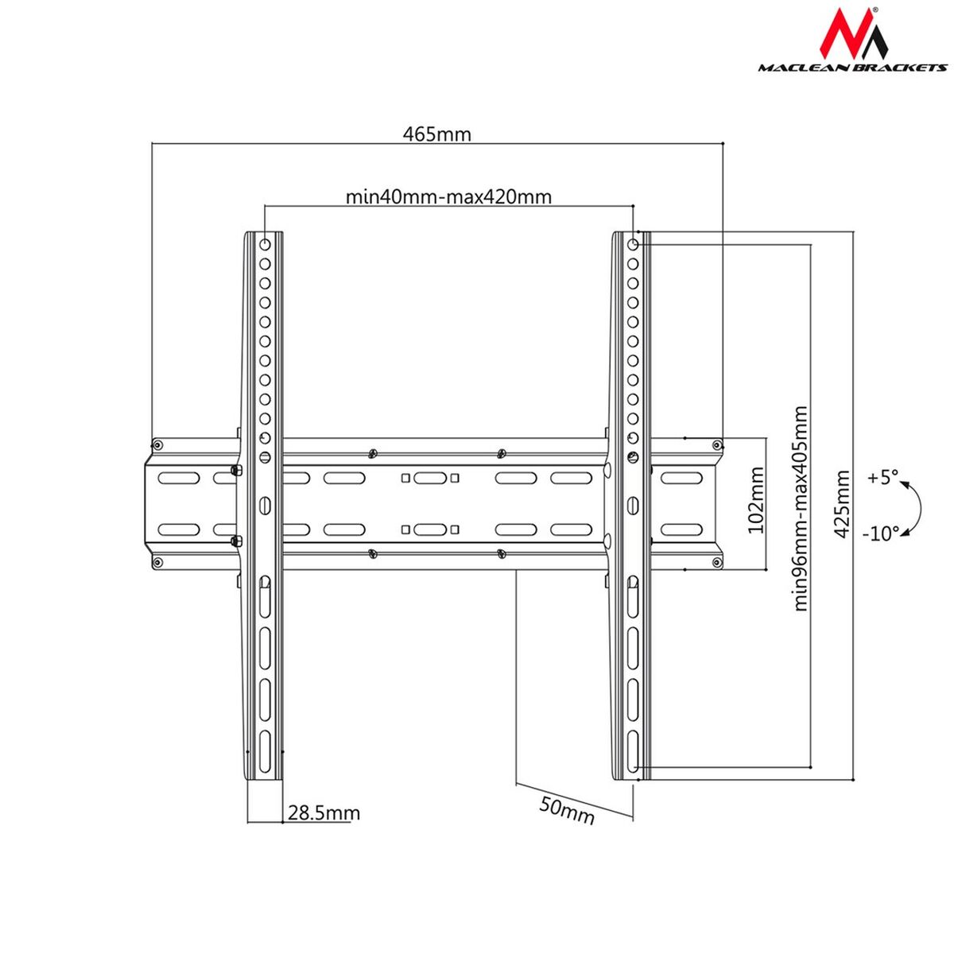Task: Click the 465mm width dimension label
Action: tap(436, 134)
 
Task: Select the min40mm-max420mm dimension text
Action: tap(448, 196)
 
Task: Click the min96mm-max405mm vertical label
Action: tap(800, 509)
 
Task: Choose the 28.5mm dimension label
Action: tap(324, 813)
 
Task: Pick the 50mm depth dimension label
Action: tap(567, 810)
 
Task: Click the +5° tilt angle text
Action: tap(882, 478)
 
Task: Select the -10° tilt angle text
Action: tap(880, 533)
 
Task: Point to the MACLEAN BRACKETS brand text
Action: tap(852, 68)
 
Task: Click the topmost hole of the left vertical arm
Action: tap(265, 244)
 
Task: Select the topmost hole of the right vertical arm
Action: tap(633, 244)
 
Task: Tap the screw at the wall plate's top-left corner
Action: tap(157, 444)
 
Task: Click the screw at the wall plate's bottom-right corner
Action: tap(716, 564)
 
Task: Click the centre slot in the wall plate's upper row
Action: tap(429, 479)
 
